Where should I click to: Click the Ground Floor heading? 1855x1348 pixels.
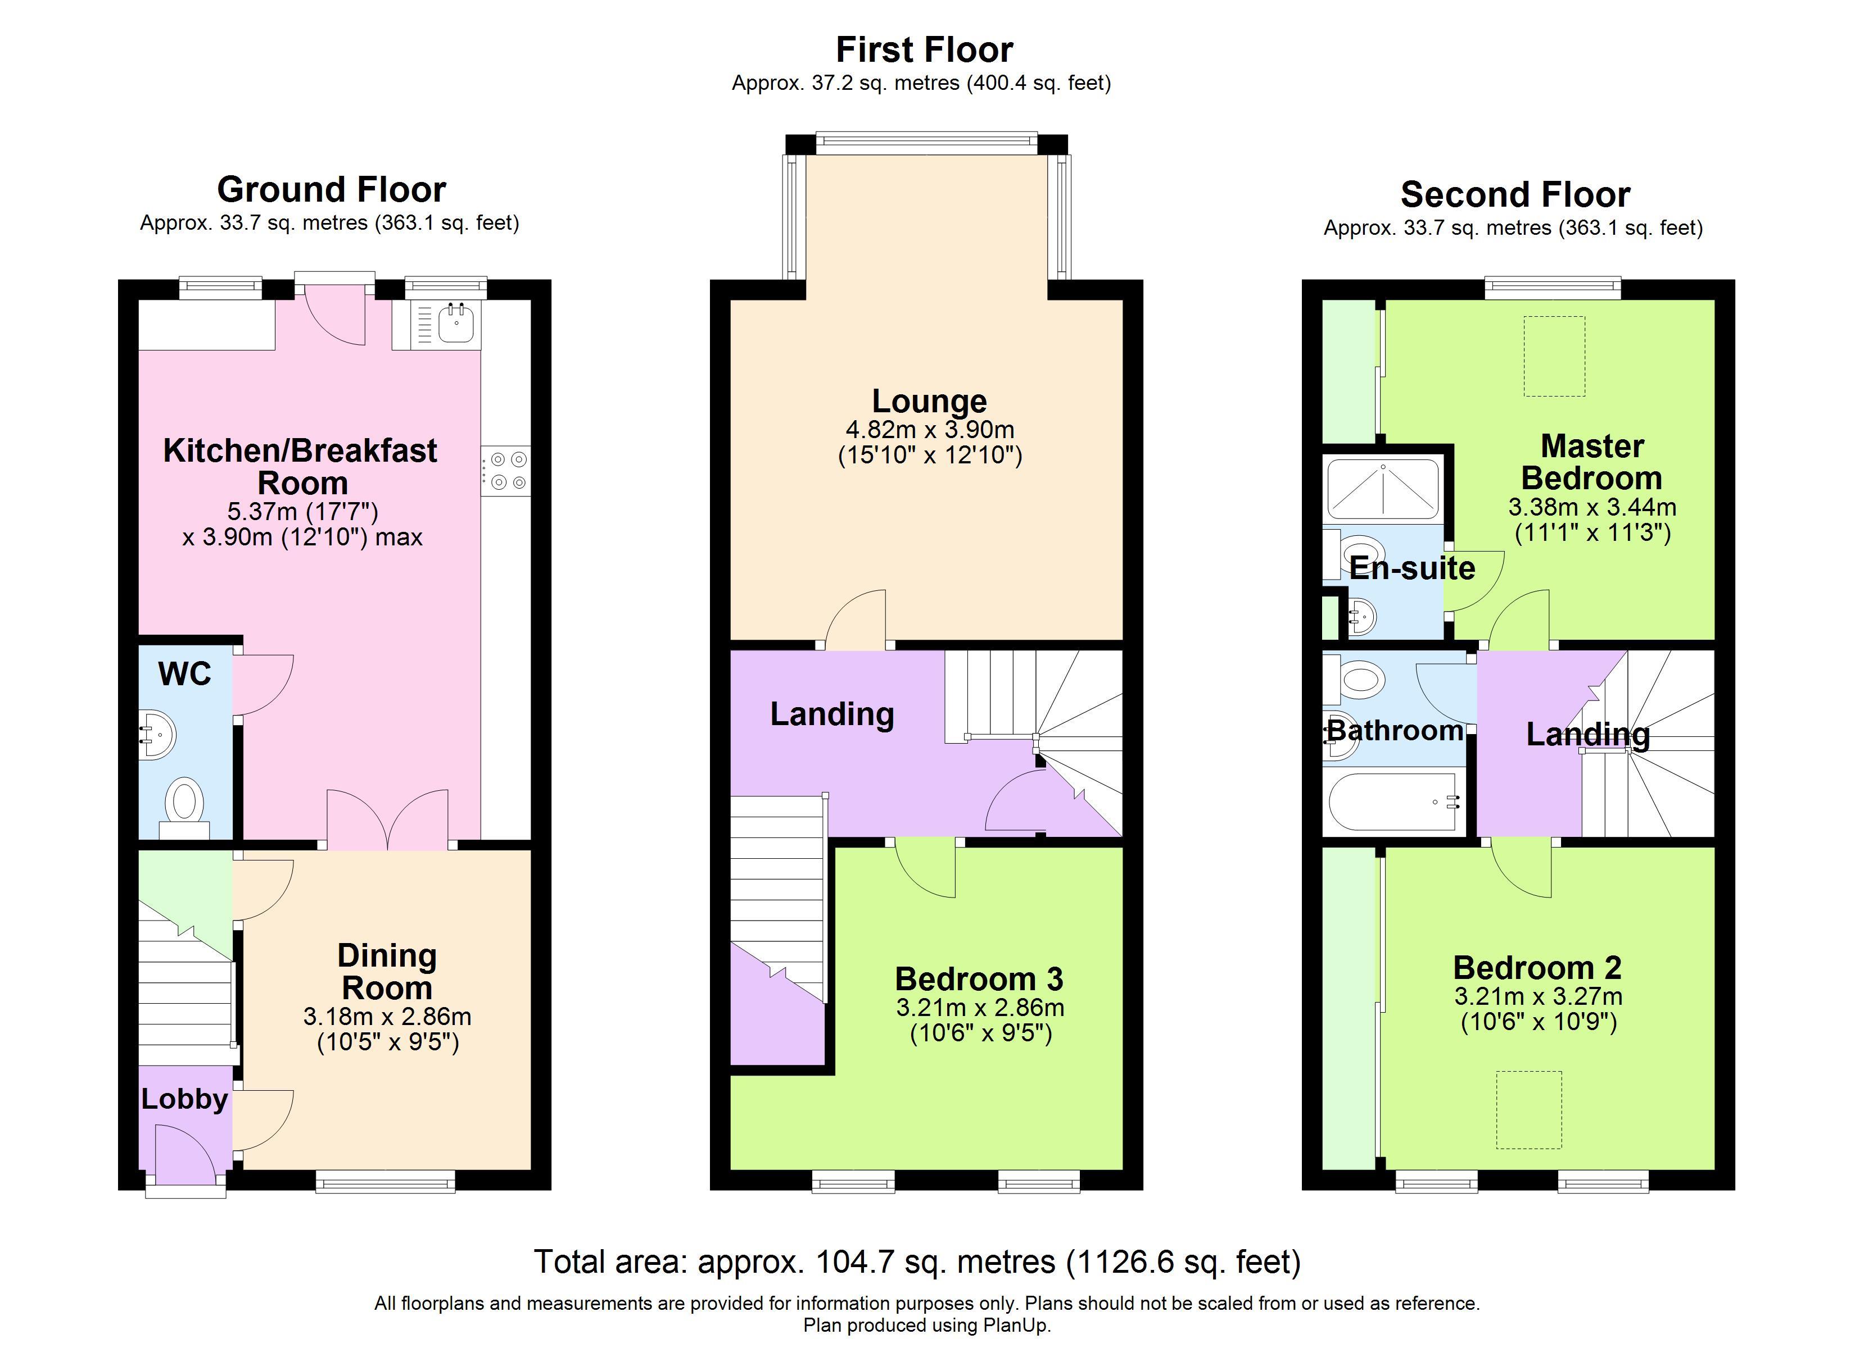(x=331, y=190)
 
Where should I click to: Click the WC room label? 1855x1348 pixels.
(x=185, y=675)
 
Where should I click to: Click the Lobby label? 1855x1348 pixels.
(x=184, y=1099)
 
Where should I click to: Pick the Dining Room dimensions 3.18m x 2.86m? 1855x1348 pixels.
(x=387, y=1016)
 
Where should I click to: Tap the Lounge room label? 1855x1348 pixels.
(x=929, y=400)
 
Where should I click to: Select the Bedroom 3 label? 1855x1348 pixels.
(x=979, y=978)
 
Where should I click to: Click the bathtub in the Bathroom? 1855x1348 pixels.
(x=1393, y=802)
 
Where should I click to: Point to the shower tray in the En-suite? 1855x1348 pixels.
(x=1382, y=490)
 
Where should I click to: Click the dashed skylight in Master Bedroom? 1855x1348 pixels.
(x=1554, y=357)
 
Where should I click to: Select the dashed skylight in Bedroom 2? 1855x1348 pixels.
(x=1528, y=1109)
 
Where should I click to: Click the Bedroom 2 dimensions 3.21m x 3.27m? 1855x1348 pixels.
(x=1537, y=996)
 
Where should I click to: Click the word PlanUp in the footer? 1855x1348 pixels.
(x=1014, y=1325)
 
